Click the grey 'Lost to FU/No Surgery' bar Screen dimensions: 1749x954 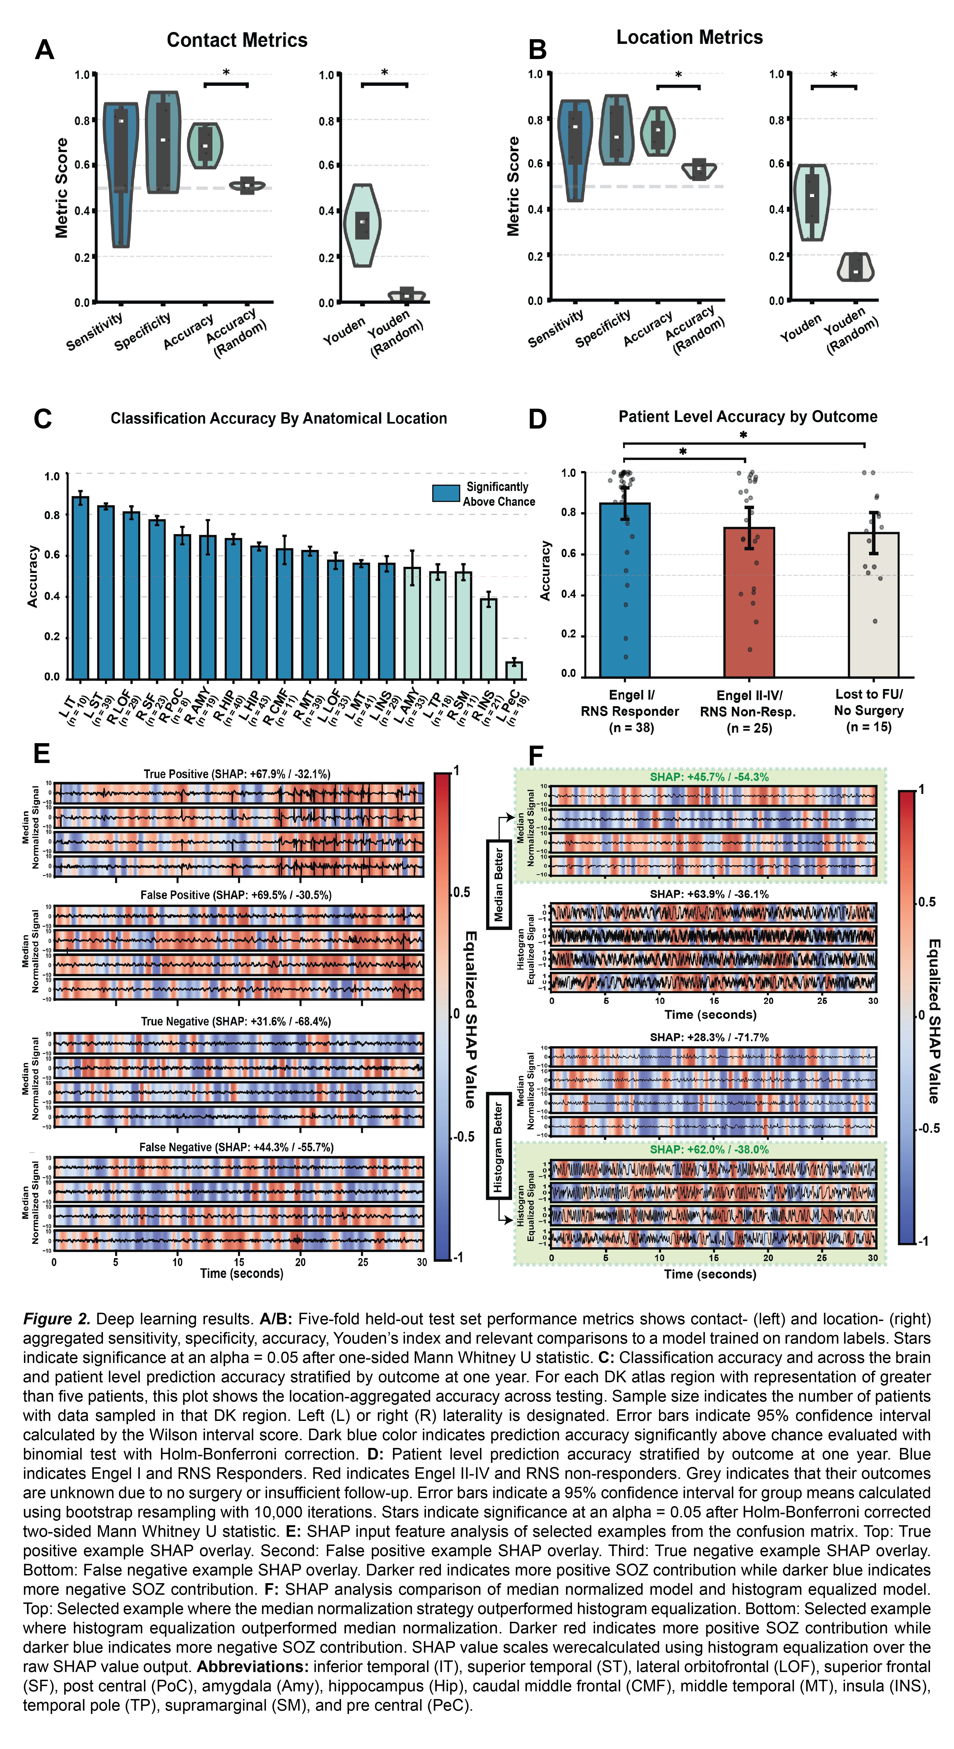(873, 604)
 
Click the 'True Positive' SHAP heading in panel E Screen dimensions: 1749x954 (237, 774)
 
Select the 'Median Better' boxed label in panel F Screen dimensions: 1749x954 (499, 884)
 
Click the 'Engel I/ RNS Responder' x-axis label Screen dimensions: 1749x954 (630, 711)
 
